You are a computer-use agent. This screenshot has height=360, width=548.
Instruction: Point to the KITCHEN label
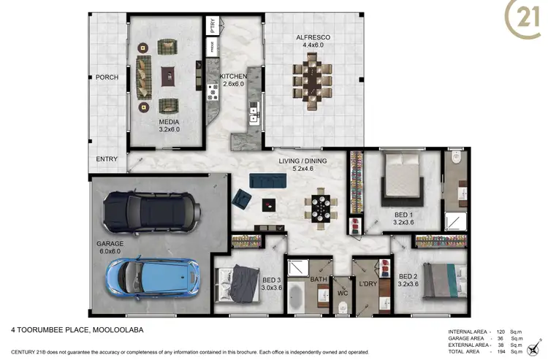point(234,76)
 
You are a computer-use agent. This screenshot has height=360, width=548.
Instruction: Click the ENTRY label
point(107,158)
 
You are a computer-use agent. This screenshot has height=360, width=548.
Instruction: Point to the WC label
point(341,294)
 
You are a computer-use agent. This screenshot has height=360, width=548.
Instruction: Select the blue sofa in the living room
point(266,180)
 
